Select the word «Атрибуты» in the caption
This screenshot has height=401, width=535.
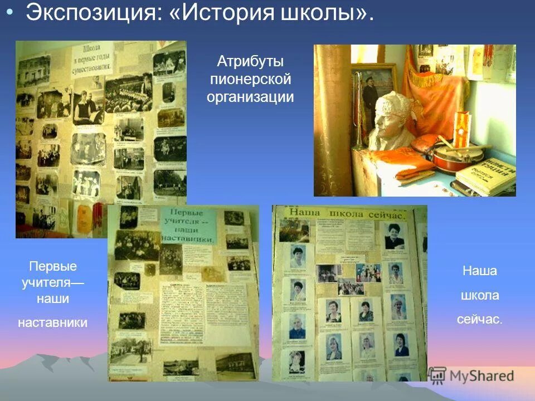tap(250, 61)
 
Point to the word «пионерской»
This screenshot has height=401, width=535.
tap(250, 79)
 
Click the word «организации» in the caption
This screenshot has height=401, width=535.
tap(250, 97)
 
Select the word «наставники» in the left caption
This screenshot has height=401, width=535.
tap(53, 322)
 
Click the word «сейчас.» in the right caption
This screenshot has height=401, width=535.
tap(479, 320)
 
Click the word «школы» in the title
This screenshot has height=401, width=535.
tap(323, 14)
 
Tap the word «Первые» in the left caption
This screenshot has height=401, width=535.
tap(53, 266)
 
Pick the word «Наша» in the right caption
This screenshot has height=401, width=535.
tap(479, 271)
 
